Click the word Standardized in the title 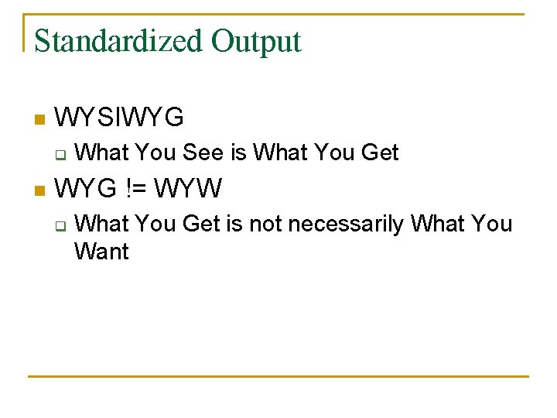pyautogui.click(x=119, y=41)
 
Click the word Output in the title pyautogui.click(x=256, y=41)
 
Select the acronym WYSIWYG pyautogui.click(x=120, y=118)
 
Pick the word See pyautogui.click(x=203, y=152)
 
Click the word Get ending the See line pyautogui.click(x=379, y=152)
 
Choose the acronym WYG pyautogui.click(x=86, y=187)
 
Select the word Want pyautogui.click(x=101, y=252)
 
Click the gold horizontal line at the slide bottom pyautogui.click(x=278, y=377)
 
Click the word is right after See pyautogui.click(x=238, y=152)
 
